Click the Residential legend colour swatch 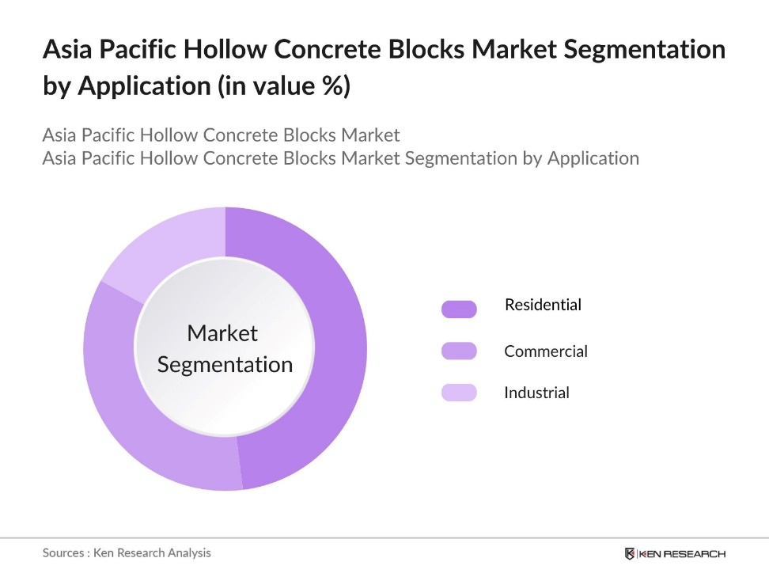tap(459, 309)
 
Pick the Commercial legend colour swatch tap(459, 351)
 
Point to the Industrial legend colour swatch tap(459, 393)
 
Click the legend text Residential tap(543, 305)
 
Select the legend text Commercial tap(546, 351)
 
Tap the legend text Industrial tap(536, 393)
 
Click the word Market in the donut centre tap(222, 333)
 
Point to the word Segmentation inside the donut tap(225, 365)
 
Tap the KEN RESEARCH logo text tap(683, 553)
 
